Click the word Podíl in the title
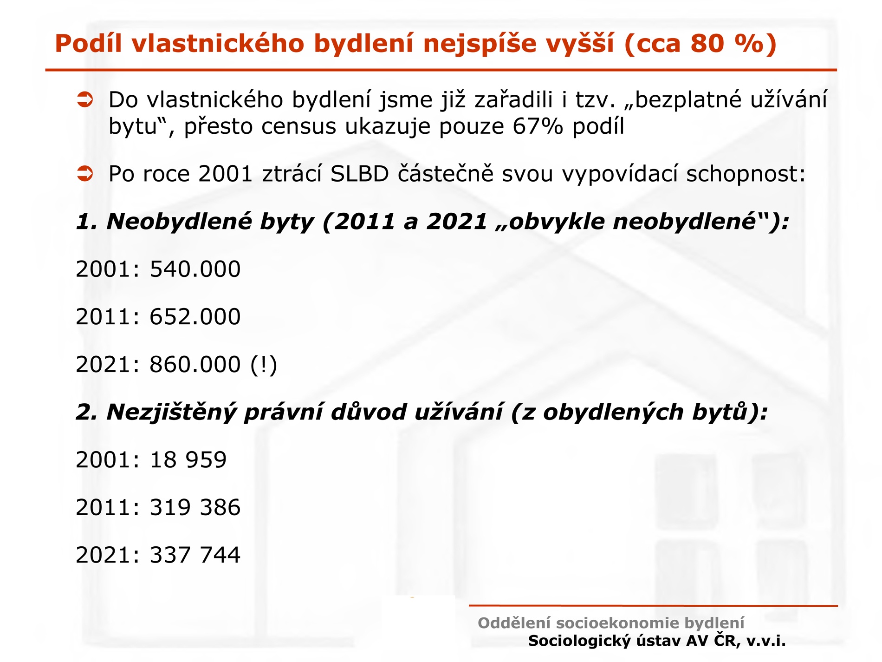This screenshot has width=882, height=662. pyautogui.click(x=88, y=43)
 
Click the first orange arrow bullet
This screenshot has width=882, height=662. pyautogui.click(x=85, y=99)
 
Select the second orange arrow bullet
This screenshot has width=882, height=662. pyautogui.click(x=85, y=174)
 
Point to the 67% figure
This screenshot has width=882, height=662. pyautogui.click(x=538, y=126)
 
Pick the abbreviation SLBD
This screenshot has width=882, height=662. pyautogui.click(x=360, y=174)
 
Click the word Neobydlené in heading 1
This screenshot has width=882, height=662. pyautogui.click(x=181, y=222)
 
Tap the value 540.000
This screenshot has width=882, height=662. pyautogui.click(x=195, y=269)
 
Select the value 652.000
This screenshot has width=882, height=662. pyautogui.click(x=195, y=317)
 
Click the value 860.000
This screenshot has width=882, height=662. pyautogui.click(x=195, y=365)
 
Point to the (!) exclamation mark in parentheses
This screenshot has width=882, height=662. pyautogui.click(x=264, y=365)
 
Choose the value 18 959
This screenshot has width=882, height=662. pyautogui.click(x=188, y=460)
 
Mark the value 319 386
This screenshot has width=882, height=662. pyautogui.click(x=195, y=507)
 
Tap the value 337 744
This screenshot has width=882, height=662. pyautogui.click(x=195, y=555)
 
